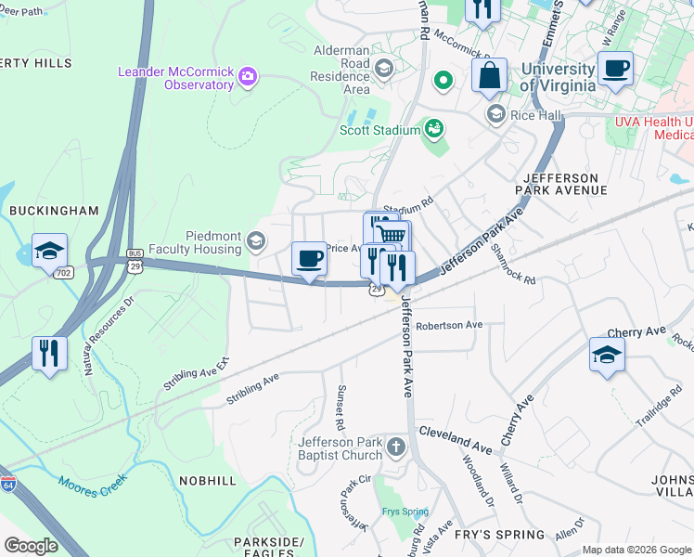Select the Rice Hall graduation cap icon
pyautogui.click(x=495, y=114)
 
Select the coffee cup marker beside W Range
pyautogui.click(x=615, y=68)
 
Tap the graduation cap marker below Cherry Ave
pyautogui.click(x=607, y=355)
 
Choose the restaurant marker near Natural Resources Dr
pyautogui.click(x=49, y=354)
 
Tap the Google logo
pyautogui.click(x=31, y=546)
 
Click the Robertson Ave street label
pyautogui.click(x=449, y=326)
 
